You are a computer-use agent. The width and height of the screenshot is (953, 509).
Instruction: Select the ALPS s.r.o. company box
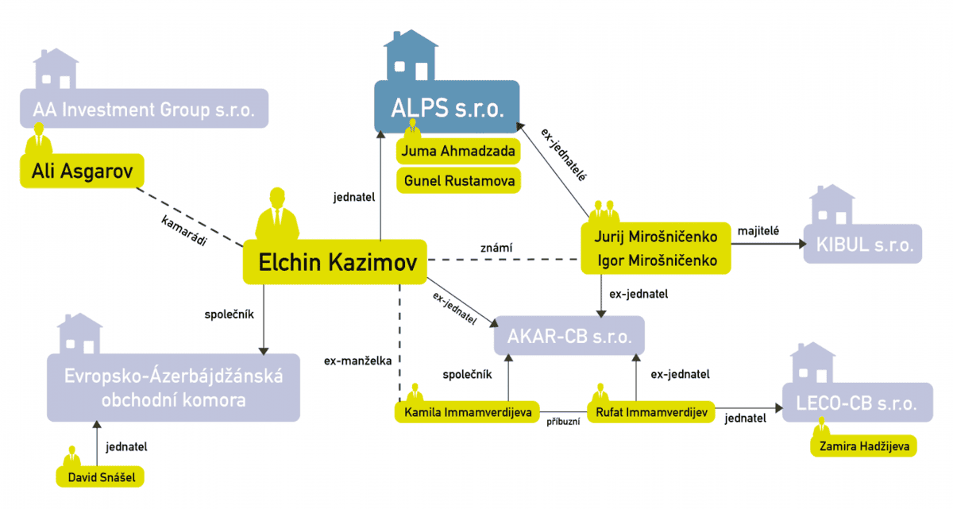[x=447, y=108]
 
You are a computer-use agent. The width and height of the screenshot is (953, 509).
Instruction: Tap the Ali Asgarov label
[x=82, y=171]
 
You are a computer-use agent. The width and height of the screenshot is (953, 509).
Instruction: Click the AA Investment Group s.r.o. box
[x=144, y=109]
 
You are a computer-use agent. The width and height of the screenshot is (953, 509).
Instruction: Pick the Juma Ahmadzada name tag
[x=458, y=151]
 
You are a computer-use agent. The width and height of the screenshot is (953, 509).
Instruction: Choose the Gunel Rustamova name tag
[x=458, y=180]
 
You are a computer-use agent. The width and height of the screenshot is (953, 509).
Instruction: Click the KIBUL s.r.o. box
[x=862, y=244]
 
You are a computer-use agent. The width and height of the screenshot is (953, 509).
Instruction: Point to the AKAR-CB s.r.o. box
[x=569, y=336]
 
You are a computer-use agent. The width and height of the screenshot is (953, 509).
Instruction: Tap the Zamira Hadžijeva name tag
[x=863, y=445]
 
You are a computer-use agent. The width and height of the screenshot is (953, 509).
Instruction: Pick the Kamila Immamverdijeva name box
[x=468, y=411]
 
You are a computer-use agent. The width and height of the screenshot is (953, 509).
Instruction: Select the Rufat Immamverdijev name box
[x=650, y=411]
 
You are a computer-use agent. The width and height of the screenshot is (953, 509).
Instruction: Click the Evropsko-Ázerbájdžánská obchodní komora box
[x=173, y=387]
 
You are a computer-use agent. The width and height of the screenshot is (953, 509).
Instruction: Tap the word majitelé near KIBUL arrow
[x=758, y=230]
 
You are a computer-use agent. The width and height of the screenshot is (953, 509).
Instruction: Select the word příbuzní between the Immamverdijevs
[x=563, y=422]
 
